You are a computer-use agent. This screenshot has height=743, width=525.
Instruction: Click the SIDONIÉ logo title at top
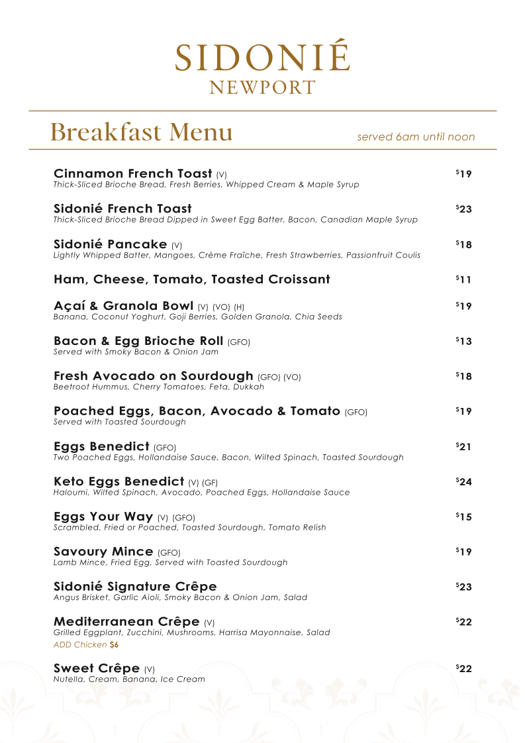point(262,58)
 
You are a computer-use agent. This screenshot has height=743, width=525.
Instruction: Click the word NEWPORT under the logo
point(262,88)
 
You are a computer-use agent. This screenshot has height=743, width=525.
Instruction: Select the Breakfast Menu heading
point(141,132)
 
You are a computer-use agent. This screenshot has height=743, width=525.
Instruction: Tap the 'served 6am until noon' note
point(416,137)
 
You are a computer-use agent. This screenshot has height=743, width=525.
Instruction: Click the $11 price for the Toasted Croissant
point(463,279)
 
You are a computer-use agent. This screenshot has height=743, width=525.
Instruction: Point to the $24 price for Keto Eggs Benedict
point(463,481)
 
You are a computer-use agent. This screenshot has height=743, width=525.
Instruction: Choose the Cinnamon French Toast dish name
point(132,173)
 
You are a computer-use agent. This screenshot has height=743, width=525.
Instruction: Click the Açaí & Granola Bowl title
point(123,306)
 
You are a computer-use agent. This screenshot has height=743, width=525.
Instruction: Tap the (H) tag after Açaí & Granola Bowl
point(239,307)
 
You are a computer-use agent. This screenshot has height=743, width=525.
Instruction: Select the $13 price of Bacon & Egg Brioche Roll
point(463,341)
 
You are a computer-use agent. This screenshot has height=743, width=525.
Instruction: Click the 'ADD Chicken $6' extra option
point(86,644)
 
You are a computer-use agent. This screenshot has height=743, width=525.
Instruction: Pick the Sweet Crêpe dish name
point(97,668)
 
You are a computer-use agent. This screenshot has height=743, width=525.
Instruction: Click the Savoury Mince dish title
point(103,552)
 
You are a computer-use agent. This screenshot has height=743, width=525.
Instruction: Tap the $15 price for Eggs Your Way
point(463,517)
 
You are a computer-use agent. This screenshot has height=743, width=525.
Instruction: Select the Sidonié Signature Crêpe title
point(135,587)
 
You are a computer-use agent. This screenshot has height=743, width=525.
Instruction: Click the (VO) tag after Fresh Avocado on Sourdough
point(292,377)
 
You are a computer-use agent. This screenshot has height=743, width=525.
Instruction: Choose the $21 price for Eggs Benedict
point(463,446)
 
